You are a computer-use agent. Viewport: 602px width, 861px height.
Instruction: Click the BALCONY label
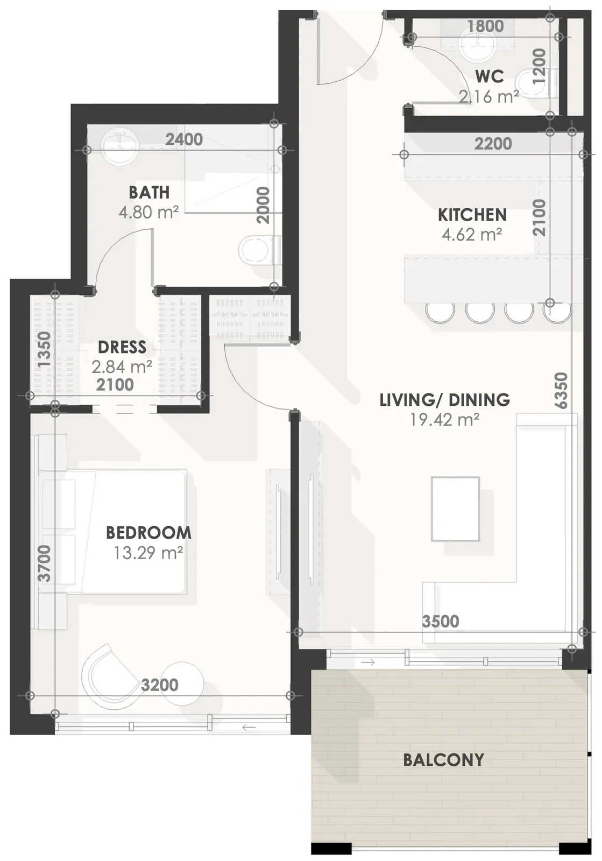443,760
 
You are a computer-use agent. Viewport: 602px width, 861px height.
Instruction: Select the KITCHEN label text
472,215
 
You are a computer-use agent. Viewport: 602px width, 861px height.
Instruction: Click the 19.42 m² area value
444,420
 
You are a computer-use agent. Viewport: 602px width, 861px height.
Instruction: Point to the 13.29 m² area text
148,553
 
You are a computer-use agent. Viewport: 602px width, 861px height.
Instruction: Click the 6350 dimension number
561,390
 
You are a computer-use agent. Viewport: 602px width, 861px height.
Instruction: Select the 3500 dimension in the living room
440,622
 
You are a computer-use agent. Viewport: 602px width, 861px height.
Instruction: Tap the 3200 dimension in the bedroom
159,685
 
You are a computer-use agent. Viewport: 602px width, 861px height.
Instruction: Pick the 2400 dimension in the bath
183,139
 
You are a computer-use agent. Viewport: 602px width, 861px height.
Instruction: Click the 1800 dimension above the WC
485,26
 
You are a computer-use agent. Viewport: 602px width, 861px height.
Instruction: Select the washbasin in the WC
476,46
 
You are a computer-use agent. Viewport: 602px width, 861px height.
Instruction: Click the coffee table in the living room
455,509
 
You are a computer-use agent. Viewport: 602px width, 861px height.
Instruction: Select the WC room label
490,76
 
